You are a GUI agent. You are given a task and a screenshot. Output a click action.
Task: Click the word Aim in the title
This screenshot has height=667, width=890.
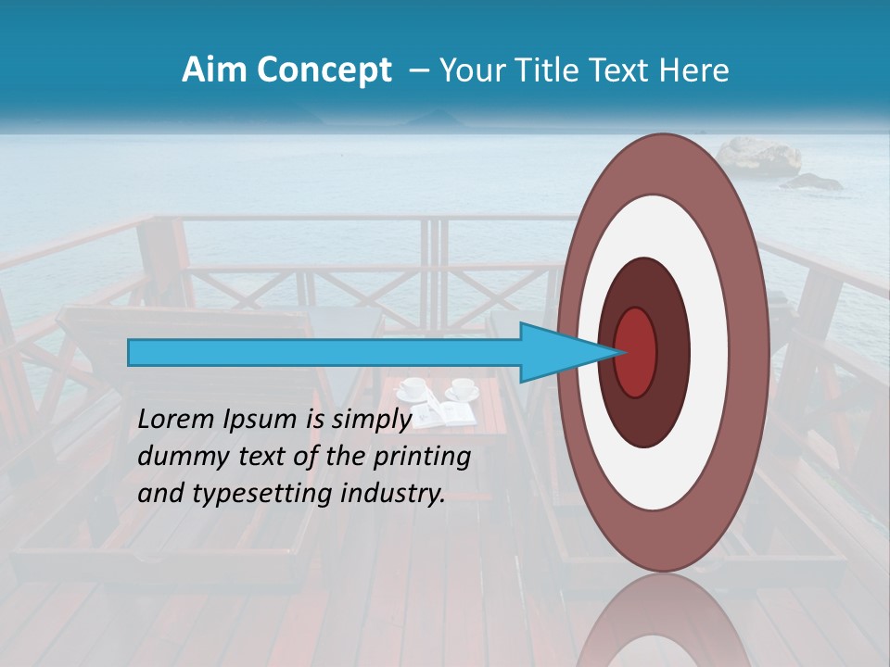pyautogui.click(x=212, y=70)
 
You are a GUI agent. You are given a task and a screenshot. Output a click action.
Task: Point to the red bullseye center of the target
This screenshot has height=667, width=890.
pyautogui.click(x=636, y=352)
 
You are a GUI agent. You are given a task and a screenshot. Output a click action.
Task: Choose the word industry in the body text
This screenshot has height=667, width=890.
pyautogui.click(x=394, y=494)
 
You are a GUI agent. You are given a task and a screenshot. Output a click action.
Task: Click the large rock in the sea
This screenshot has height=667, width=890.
pyautogui.click(x=759, y=156)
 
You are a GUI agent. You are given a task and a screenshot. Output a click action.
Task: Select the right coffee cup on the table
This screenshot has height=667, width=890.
pyautogui.click(x=463, y=388)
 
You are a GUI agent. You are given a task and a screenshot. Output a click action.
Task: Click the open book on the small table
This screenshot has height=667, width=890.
pyautogui.click(x=442, y=415)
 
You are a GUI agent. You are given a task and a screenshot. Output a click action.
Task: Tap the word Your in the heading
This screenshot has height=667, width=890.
pyautogui.click(x=467, y=70)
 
